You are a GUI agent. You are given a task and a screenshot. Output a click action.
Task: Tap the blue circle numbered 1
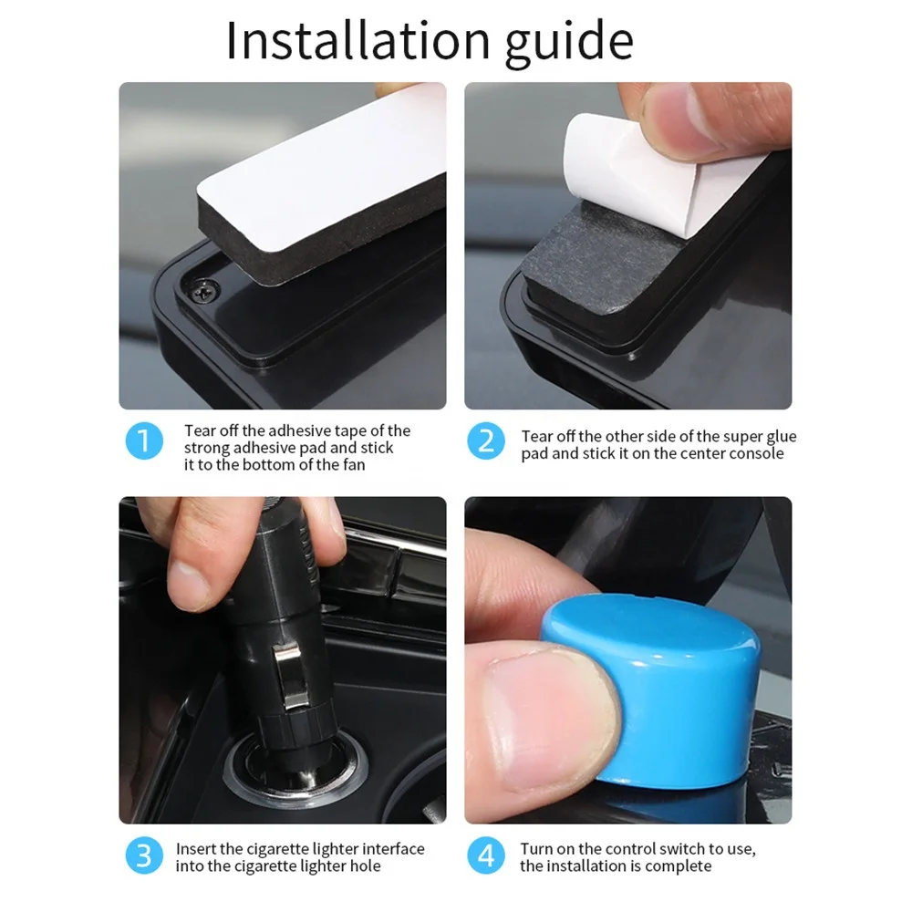tap(143, 441)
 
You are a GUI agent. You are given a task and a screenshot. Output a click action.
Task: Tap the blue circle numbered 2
tap(486, 441)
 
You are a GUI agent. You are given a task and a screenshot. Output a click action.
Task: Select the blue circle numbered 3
tap(143, 856)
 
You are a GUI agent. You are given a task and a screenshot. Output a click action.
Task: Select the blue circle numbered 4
tap(486, 856)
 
